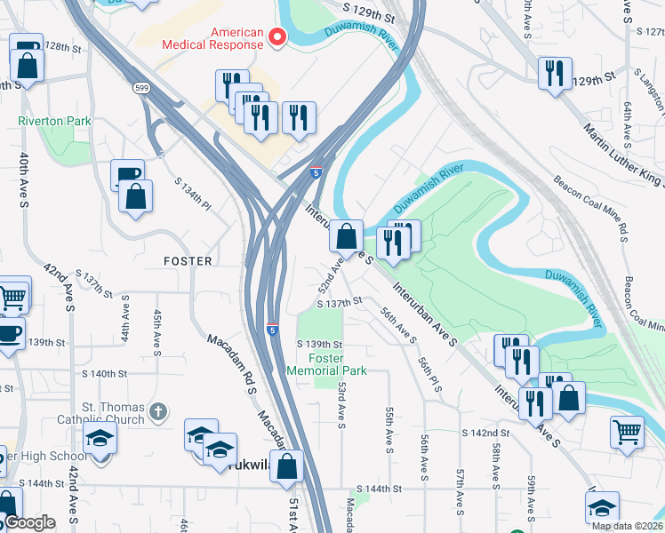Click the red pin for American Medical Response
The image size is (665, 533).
[x=276, y=37]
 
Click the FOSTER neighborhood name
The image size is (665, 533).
[x=188, y=261]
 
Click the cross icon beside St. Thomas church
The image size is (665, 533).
[x=157, y=410]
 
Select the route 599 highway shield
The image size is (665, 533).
[x=141, y=88]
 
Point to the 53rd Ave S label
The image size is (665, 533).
[x=341, y=402]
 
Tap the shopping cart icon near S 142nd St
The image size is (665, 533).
[x=627, y=433]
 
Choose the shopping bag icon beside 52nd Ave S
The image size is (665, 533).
[x=347, y=236]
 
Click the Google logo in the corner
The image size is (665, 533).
[x=28, y=523]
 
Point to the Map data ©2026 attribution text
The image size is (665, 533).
[x=626, y=526]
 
